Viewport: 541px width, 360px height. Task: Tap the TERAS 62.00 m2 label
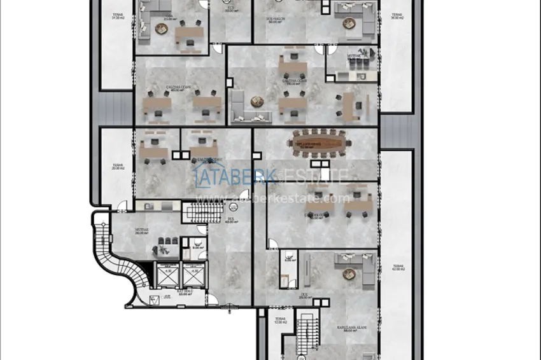click(x=398, y=268)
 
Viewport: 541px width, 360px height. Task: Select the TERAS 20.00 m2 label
click(x=116, y=168)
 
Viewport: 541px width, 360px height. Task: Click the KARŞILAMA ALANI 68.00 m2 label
click(x=349, y=329)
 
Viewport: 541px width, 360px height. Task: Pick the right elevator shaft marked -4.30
click(x=193, y=274)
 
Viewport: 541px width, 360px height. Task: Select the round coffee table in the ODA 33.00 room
click(x=159, y=29)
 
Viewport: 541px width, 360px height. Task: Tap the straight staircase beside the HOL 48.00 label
click(x=204, y=212)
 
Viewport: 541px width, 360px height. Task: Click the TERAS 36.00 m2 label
click(x=397, y=16)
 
